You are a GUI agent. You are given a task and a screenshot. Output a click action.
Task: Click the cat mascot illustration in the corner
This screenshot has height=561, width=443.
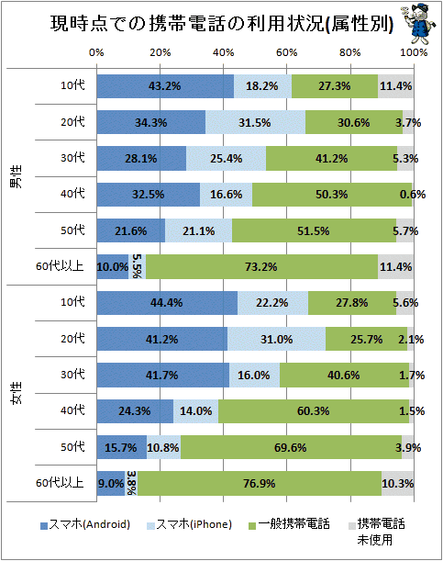419,23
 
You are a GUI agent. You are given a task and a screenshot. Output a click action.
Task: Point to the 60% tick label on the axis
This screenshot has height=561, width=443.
286,52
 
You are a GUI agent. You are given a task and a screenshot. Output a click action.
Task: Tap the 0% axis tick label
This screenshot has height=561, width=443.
96,52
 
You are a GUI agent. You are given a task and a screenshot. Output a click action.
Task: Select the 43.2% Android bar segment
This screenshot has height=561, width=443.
165,86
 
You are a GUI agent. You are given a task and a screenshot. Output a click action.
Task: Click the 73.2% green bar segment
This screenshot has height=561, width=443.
262,266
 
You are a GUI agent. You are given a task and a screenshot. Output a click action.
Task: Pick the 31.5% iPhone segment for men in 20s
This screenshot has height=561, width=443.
256,122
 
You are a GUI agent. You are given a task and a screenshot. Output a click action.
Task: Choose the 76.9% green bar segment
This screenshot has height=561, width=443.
260,483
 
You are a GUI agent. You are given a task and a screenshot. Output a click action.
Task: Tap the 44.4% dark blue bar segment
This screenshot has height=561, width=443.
167,303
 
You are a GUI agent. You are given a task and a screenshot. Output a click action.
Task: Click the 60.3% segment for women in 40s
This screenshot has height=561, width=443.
314,411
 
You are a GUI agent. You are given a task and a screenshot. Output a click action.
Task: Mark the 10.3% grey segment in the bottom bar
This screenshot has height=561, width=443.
398,483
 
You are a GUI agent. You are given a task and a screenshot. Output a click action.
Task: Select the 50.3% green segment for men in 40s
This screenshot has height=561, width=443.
332,195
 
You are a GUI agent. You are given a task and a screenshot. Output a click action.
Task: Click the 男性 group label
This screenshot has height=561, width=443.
16,176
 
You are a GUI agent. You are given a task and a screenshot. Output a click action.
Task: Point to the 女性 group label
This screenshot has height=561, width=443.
16,393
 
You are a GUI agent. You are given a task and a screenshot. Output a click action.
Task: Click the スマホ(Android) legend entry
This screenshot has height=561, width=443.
85,525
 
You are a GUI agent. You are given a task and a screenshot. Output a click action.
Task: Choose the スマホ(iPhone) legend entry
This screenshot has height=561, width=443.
189,525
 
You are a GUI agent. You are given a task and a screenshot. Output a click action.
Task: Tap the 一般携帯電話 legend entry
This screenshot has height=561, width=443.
289,525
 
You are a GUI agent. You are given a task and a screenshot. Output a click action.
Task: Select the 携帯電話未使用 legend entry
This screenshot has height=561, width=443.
377,532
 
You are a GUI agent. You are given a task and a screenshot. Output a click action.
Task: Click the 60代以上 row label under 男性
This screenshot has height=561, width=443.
60,266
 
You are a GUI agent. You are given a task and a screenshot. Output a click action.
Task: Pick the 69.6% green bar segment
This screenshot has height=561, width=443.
291,447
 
